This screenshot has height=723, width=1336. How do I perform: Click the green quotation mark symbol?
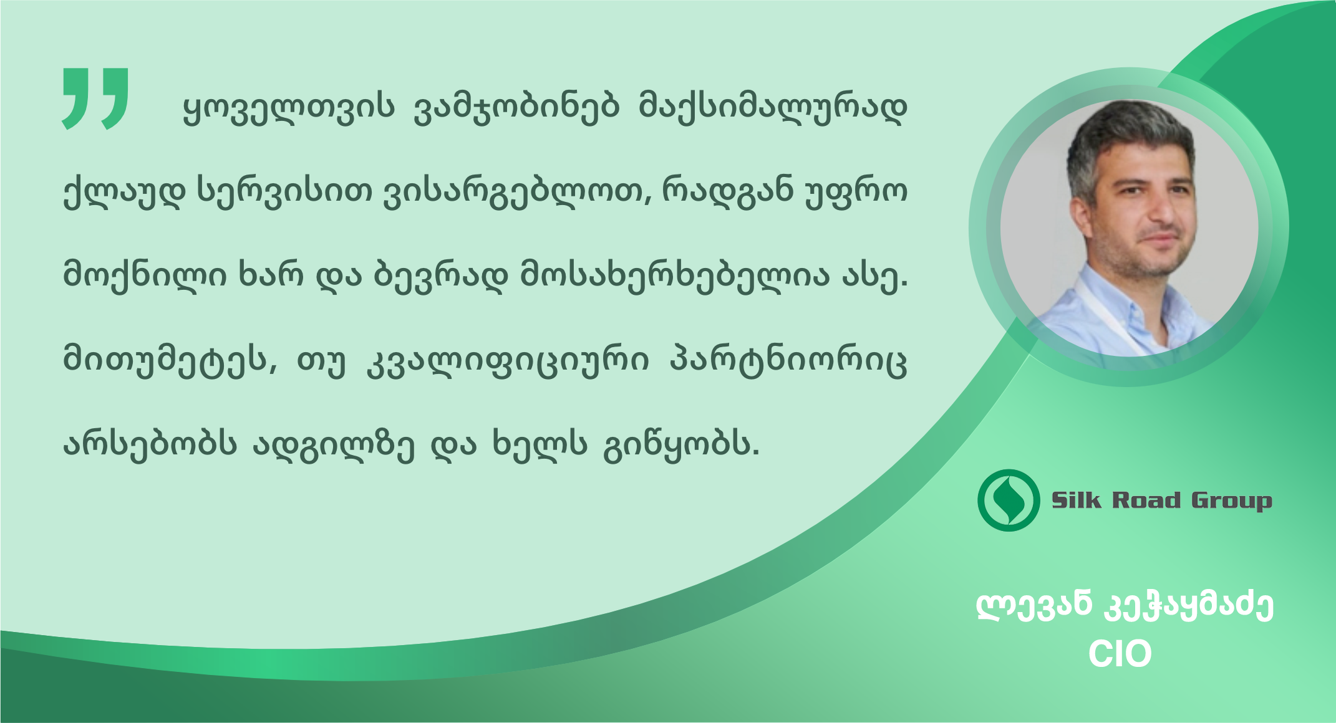(x=95, y=98)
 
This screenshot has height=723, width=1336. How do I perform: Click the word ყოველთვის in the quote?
(x=289, y=108)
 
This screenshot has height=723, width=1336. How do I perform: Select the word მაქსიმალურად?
(x=773, y=108)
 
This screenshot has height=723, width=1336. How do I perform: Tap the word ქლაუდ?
(x=124, y=191)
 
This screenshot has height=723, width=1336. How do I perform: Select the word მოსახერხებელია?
(x=675, y=275)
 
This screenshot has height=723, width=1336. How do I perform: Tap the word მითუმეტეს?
(x=170, y=360)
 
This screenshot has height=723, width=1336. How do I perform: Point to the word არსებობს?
(x=150, y=444)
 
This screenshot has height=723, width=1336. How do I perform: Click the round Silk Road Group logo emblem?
(x=1008, y=500)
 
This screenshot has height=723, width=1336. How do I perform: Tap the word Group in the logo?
(x=1231, y=501)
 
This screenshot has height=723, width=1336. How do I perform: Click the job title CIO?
(x=1120, y=654)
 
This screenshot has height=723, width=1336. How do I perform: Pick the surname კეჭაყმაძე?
(x=1189, y=606)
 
